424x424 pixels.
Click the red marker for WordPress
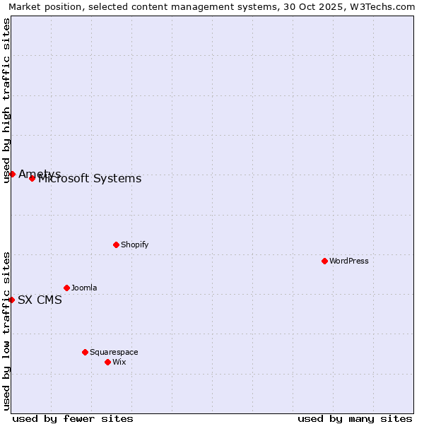324,261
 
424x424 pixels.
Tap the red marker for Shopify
116,245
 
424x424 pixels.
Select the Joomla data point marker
66,288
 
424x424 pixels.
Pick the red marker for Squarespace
85,352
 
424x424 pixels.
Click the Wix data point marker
107,362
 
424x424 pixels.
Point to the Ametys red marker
12,174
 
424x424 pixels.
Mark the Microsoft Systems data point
32,178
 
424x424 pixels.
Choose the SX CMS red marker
11,300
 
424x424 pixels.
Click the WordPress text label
348,261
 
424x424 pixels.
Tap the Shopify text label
134,245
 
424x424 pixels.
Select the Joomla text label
84,288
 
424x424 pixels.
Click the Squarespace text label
114,352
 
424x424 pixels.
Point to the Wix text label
119,362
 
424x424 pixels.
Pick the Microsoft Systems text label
90,179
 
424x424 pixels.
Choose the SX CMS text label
40,300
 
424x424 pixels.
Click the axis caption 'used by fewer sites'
73,418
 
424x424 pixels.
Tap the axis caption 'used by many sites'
355,418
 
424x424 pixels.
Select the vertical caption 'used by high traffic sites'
6,100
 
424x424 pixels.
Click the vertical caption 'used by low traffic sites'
6,331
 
